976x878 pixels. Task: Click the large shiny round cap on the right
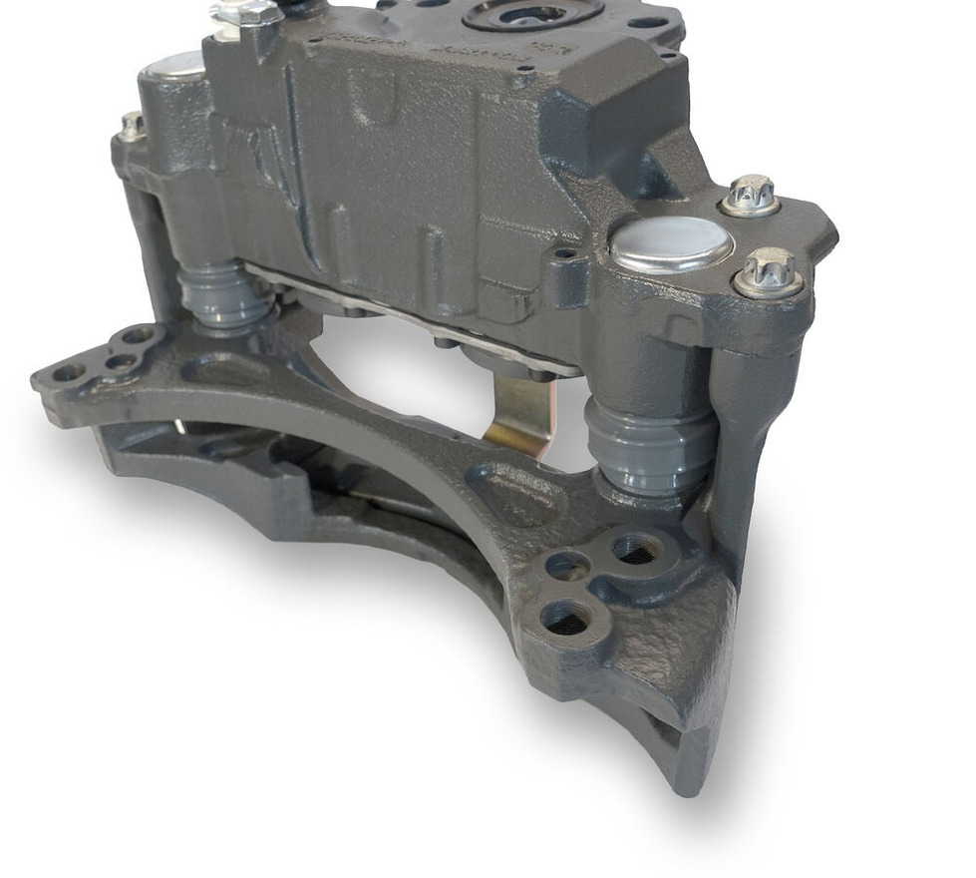tap(670, 243)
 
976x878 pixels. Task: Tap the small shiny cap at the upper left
tap(172, 66)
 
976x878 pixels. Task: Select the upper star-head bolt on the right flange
tap(750, 196)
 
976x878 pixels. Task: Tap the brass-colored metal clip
tap(519, 415)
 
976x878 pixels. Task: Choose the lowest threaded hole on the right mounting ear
tap(567, 620)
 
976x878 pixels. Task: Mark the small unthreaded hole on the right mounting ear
tap(565, 567)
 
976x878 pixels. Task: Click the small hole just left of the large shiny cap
tap(565, 253)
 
